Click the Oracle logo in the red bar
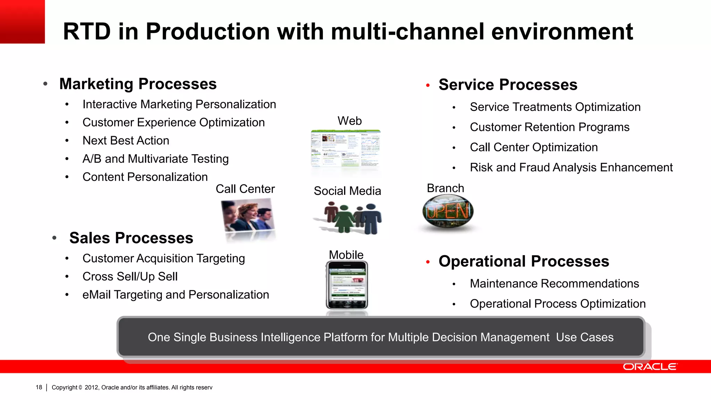pos(650,367)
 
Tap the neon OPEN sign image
pos(448,211)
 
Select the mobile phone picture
pos(346,285)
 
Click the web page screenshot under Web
pos(345,150)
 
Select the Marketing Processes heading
pos(138,84)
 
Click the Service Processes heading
pos(508,85)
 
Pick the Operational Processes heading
pos(524,261)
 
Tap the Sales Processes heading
pos(131,238)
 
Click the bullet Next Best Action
pos(126,141)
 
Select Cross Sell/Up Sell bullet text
pos(130,277)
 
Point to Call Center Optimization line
pos(534,147)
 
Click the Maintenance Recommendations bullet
pos(554,284)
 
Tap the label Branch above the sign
pos(445,188)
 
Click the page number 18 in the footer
pos(39,387)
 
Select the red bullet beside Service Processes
pos(428,85)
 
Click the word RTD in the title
pos(86,32)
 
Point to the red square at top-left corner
pos(22,22)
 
